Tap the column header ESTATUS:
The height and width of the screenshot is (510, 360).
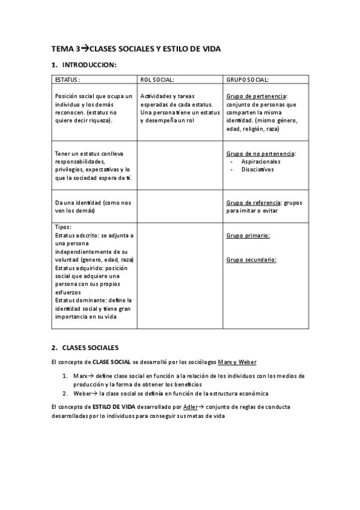[x=67, y=79]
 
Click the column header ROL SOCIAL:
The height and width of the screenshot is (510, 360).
[x=157, y=79]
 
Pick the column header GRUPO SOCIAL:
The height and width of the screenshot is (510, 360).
[x=248, y=79]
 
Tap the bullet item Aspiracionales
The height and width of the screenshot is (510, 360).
[x=261, y=161]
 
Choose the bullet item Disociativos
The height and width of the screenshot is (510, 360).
[x=257, y=170]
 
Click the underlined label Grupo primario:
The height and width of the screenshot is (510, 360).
[x=248, y=235]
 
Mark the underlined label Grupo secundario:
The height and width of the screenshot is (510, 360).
[x=251, y=260]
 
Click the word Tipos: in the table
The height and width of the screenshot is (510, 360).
[x=63, y=227]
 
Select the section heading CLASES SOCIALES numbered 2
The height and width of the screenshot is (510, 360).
[x=90, y=348]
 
